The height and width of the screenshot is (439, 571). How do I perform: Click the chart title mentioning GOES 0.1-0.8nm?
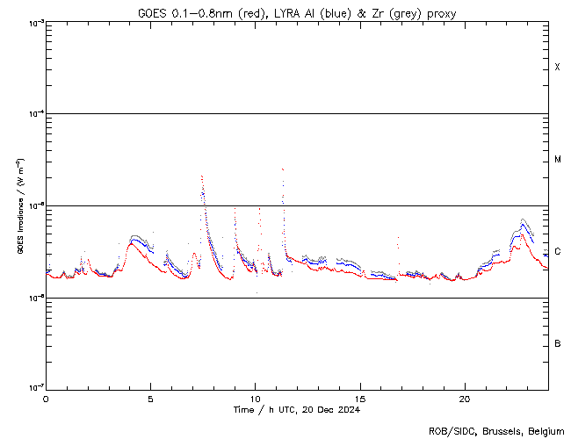pyautogui.click(x=297, y=12)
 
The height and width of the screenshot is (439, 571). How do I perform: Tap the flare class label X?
pyautogui.click(x=558, y=68)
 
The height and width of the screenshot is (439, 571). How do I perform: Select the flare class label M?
pyautogui.click(x=558, y=160)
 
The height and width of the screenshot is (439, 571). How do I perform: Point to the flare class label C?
pyautogui.click(x=558, y=252)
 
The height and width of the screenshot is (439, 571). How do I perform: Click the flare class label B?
pyautogui.click(x=558, y=343)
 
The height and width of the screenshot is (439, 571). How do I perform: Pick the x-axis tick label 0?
pyautogui.click(x=46, y=398)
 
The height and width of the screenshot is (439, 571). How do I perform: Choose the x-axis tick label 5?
pyautogui.click(x=150, y=398)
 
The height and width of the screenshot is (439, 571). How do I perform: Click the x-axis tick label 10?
pyautogui.click(x=256, y=398)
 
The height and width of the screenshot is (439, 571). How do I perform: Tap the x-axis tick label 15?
pyautogui.click(x=360, y=398)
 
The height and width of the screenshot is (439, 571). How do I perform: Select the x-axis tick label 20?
pyautogui.click(x=465, y=398)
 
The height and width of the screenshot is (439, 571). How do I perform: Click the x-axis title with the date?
pyautogui.click(x=297, y=409)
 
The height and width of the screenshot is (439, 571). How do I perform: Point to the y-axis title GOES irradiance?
pyautogui.click(x=19, y=206)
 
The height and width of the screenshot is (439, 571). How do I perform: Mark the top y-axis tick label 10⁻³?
pyautogui.click(x=33, y=22)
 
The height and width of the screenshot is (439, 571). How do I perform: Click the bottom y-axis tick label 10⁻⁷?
pyautogui.click(x=33, y=389)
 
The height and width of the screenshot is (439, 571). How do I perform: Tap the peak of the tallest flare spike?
pyautogui.click(x=283, y=169)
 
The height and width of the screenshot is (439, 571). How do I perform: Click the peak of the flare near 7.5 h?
pyautogui.click(x=202, y=176)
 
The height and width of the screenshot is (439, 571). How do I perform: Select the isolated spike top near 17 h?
pyautogui.click(x=399, y=238)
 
